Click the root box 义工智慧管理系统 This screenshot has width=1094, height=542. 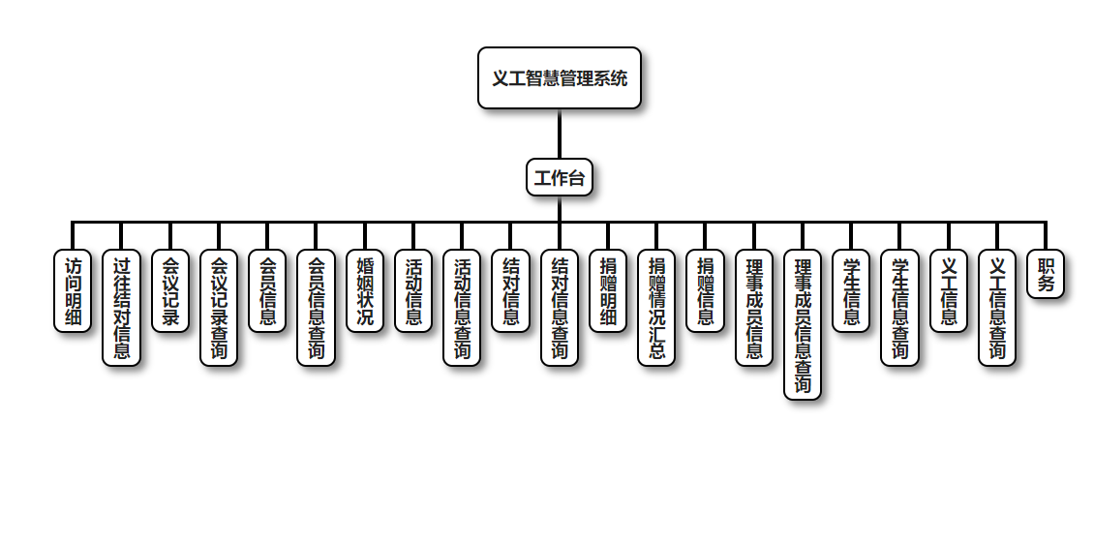click(x=560, y=78)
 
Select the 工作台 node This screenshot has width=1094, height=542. click(x=560, y=178)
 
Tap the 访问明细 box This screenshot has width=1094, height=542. click(x=73, y=291)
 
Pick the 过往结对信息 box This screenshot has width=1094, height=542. click(x=121, y=308)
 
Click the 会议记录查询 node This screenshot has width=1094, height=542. click(x=219, y=308)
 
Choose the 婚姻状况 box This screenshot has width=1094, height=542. click(x=365, y=291)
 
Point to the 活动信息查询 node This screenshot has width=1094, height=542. click(x=462, y=308)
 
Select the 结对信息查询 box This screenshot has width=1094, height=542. click(x=560, y=308)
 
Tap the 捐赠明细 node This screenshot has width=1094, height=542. click(x=608, y=291)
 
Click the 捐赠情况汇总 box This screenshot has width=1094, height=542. click(x=656, y=308)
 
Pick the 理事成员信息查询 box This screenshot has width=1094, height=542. click(x=803, y=324)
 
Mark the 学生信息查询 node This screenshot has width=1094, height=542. click(x=899, y=308)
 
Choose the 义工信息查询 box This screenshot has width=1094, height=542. click(x=997, y=308)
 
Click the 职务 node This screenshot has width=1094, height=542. click(x=1046, y=275)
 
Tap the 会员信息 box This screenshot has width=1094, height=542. click(x=267, y=291)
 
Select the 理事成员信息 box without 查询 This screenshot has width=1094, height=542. click(x=754, y=308)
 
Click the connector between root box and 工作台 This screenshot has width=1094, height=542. click(x=560, y=134)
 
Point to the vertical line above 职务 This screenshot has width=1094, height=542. click(x=1046, y=236)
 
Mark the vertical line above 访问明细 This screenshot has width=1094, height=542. click(x=73, y=236)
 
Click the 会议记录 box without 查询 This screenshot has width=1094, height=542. click(x=170, y=291)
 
